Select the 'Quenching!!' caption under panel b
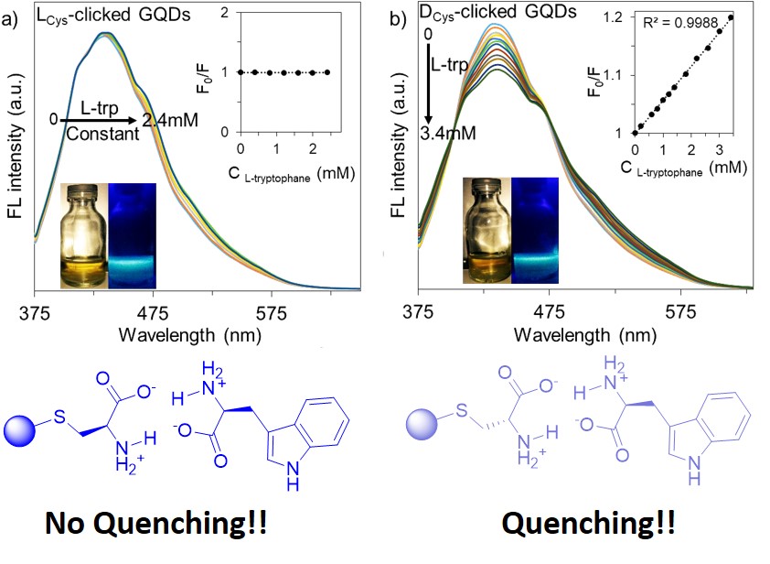coord(589,524)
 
